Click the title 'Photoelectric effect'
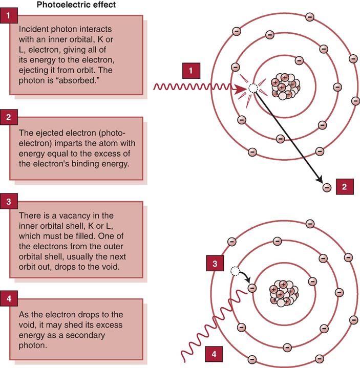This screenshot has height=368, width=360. click(x=76, y=5)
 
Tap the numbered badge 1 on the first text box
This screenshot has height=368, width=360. click(x=9, y=15)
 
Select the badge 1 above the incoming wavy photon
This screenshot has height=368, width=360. click(x=191, y=71)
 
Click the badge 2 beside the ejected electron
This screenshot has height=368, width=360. click(x=345, y=187)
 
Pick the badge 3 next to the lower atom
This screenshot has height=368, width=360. click(x=215, y=263)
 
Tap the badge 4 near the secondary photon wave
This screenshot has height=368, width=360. click(x=214, y=354)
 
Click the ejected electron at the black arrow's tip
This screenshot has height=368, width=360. click(x=327, y=187)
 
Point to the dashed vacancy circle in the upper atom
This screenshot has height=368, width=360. click(x=253, y=88)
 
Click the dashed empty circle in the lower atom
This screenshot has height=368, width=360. click(x=235, y=271)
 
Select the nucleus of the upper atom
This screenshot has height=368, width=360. click(x=285, y=86)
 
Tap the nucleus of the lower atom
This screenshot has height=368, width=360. click(x=284, y=293)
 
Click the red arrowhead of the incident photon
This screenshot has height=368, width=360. click(x=240, y=90)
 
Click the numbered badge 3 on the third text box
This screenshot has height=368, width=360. click(x=9, y=201)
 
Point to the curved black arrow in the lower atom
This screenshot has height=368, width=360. click(x=246, y=276)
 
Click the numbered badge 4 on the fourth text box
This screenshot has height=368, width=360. click(x=9, y=298)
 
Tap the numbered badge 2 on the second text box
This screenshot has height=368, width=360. click(x=9, y=117)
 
